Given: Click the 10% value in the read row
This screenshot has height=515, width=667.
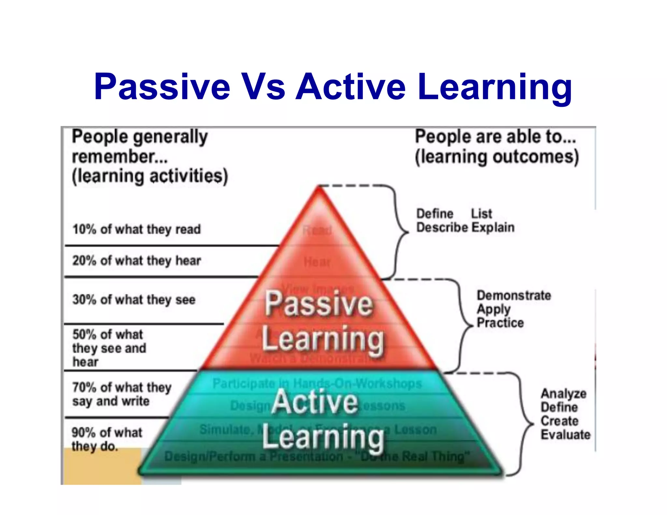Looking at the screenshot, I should point(84,229).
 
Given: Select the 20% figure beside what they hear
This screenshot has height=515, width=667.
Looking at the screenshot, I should point(84,260).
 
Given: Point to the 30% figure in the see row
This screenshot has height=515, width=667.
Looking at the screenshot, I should point(84,299).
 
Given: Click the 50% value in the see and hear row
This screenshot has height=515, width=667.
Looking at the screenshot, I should point(84,334).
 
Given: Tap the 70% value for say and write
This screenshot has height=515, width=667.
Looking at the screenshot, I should point(84,387).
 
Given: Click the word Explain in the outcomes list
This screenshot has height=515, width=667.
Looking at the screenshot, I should point(493,228).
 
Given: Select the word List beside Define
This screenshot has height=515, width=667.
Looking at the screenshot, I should point(481,214).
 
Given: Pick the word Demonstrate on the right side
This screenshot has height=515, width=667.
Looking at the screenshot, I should point(514,296).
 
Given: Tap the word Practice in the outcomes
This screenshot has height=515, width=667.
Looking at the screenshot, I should point(500,323).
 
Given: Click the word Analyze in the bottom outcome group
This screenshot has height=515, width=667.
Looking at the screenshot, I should point(563,394).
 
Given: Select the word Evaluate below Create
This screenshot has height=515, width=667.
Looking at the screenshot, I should point(565,435).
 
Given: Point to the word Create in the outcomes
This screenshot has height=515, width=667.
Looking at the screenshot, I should point(560,421).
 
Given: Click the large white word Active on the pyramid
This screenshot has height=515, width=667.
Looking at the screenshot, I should point(315,402).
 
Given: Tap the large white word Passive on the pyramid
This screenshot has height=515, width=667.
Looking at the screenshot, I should point(319,304).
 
